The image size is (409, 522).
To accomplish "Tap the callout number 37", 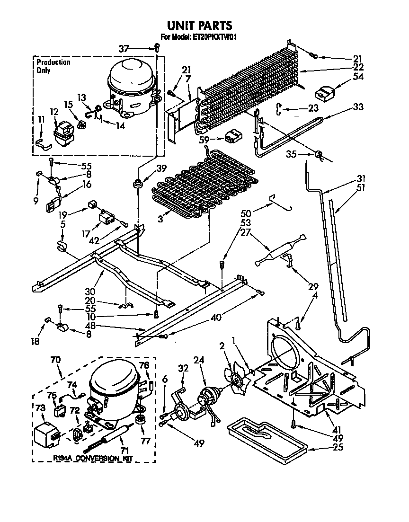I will tap(124, 48).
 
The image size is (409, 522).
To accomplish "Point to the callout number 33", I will tap(358, 107).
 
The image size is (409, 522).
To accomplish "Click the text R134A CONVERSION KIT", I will tap(93, 459).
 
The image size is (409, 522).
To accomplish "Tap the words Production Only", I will tap(53, 66).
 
